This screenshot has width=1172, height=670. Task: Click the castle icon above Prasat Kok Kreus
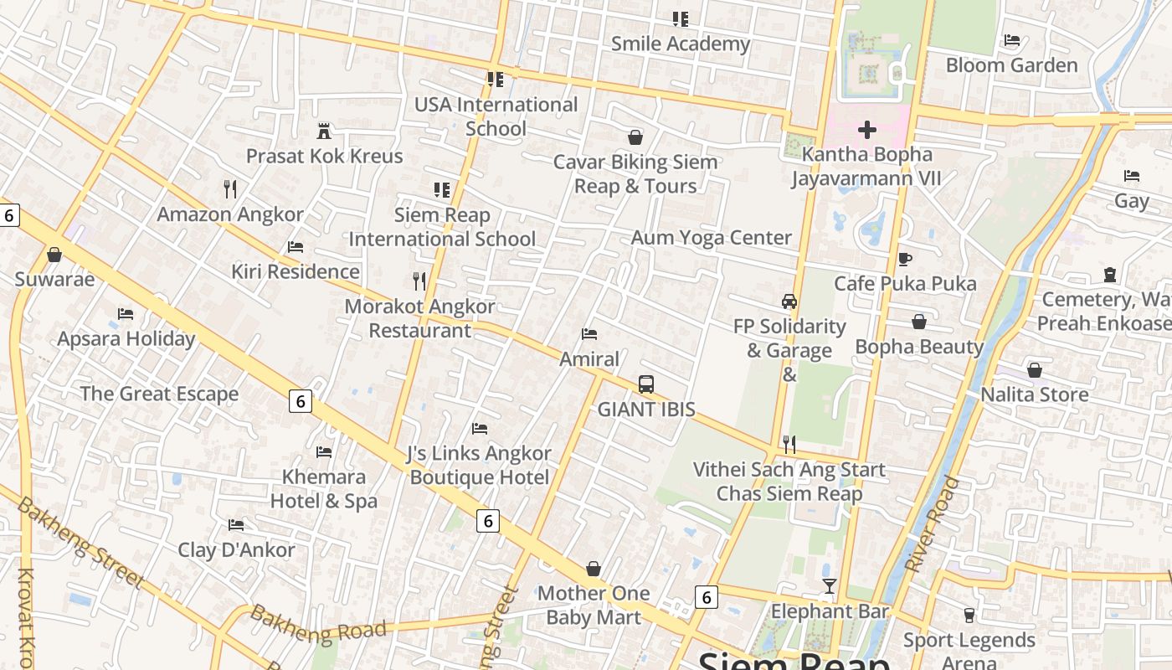click(324, 131)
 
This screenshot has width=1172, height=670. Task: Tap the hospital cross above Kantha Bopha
click(867, 130)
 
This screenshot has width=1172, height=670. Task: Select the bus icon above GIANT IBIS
click(646, 384)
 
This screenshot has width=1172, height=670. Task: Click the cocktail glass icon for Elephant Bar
click(829, 586)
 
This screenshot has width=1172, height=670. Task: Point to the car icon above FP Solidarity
click(789, 301)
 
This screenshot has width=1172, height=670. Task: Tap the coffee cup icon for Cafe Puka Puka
click(904, 259)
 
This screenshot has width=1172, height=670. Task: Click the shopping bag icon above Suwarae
click(54, 254)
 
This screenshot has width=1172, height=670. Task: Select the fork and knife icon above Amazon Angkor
click(230, 189)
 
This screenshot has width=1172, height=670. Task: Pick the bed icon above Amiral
click(589, 334)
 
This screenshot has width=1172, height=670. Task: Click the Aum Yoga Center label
click(711, 238)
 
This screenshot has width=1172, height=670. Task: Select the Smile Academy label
click(680, 44)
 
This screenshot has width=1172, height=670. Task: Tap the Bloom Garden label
click(1011, 65)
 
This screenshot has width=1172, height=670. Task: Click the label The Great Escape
click(159, 394)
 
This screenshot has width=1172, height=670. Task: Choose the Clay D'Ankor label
click(236, 550)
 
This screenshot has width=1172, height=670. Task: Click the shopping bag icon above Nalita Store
click(1035, 370)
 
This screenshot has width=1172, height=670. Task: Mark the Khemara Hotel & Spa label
click(324, 489)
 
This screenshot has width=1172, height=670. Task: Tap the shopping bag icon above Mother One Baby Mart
click(594, 569)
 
